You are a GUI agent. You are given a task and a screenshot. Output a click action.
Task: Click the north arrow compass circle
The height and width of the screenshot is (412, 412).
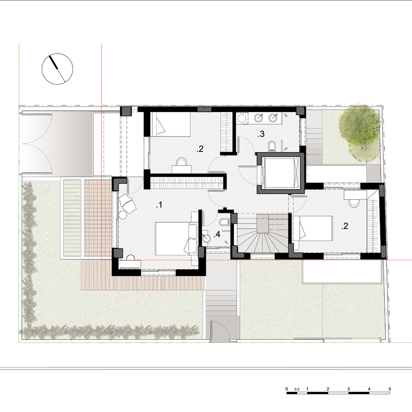click(x=57, y=69)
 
